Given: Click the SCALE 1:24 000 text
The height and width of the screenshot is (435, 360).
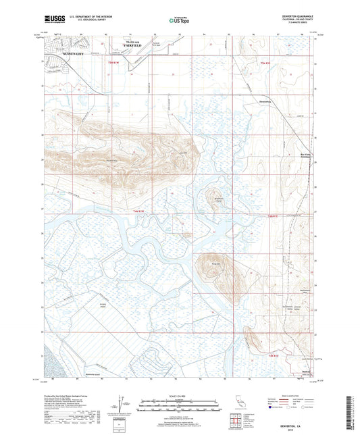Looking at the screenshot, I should [179, 396].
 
